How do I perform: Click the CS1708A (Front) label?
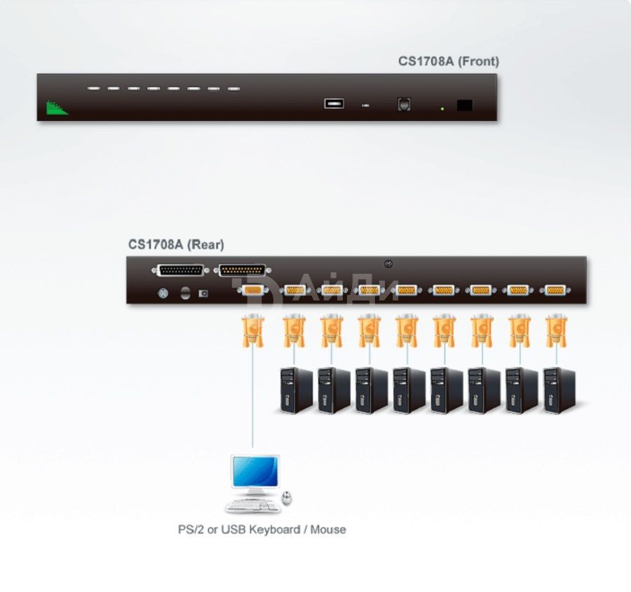coord(448,61)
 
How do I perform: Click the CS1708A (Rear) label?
coord(176,245)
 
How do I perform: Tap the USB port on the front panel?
coord(334,104)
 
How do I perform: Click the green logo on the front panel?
coord(57,107)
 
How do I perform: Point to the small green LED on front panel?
coord(442,109)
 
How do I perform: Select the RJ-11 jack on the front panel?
coord(404,104)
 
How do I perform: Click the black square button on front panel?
coord(464,105)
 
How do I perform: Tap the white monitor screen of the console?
coord(255,471)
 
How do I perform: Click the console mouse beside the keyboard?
coord(287,498)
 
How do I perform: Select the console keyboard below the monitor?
coord(253,506)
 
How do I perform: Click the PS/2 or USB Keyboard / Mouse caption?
coord(262,529)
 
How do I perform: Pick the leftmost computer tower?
coord(296,390)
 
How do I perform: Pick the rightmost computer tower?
coord(559,390)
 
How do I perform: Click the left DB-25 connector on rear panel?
coord(181,270)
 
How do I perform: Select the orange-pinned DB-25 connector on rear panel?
coord(243,270)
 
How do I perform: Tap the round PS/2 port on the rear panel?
coord(163,293)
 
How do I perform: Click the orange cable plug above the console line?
coord(252,331)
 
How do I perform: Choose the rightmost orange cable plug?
coord(557,331)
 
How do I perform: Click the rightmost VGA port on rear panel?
coord(555,289)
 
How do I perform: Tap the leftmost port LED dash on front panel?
coord(93,88)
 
